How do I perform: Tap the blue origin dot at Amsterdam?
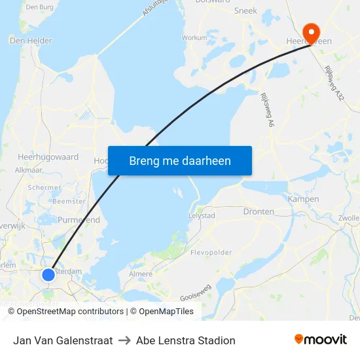click(x=48, y=275)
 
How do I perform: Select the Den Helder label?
click(x=31, y=41)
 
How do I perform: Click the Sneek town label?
click(x=245, y=11)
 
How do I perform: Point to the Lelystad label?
click(x=202, y=215)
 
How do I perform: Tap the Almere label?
click(x=141, y=274)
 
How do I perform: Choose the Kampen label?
click(x=304, y=199)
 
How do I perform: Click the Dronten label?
click(x=259, y=212)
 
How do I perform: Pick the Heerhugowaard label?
click(x=48, y=157)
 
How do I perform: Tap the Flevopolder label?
click(x=211, y=253)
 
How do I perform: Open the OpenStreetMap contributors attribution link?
click(x=69, y=312)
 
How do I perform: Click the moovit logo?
click(x=320, y=340)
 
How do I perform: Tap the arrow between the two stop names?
click(x=124, y=340)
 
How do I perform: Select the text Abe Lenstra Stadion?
click(x=186, y=340)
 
